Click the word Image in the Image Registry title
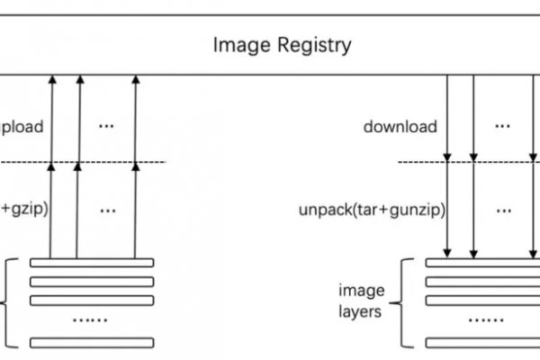(x=235, y=44)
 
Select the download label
(x=400, y=126)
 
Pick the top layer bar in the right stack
(x=486, y=263)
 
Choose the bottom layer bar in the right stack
(x=486, y=342)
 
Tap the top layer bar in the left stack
(x=92, y=263)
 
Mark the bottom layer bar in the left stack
(x=92, y=342)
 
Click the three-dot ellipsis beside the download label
(x=502, y=125)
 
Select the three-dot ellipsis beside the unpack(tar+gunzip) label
(x=502, y=210)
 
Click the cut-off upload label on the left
(x=22, y=126)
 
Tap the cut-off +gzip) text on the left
(x=24, y=211)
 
